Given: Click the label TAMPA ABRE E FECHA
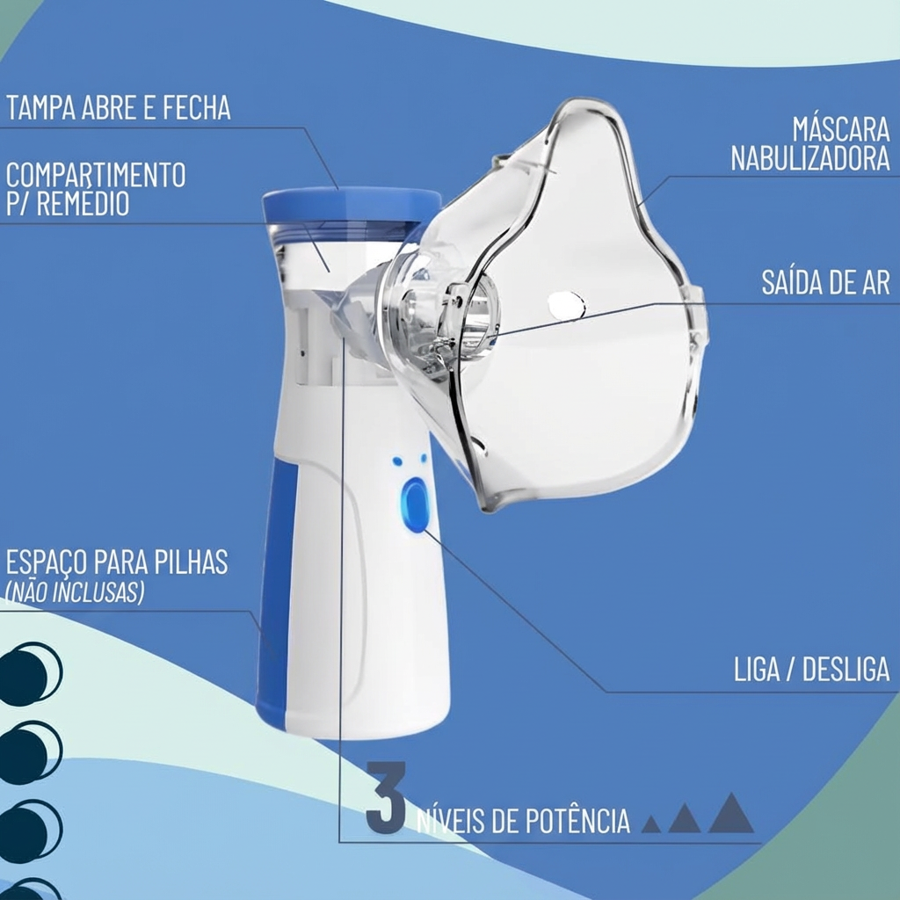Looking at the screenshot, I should [x=118, y=108].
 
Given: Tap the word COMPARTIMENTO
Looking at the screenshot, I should [x=96, y=174].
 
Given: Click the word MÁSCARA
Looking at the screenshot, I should [x=841, y=129].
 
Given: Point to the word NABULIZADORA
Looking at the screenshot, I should [x=809, y=159].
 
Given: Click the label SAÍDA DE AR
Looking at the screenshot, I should [x=825, y=282].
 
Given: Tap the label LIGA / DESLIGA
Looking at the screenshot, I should [x=811, y=669].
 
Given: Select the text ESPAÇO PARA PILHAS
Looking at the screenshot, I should [x=117, y=562].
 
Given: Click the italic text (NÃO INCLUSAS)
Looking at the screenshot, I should [x=75, y=592].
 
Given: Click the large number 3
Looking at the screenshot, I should [x=385, y=797].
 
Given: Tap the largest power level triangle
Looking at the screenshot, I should [x=730, y=815].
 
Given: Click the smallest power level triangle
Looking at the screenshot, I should [x=650, y=824].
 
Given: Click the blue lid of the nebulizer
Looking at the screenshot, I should [x=352, y=204].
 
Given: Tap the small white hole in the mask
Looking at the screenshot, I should [x=566, y=305].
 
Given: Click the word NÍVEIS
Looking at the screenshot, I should [x=450, y=822].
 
